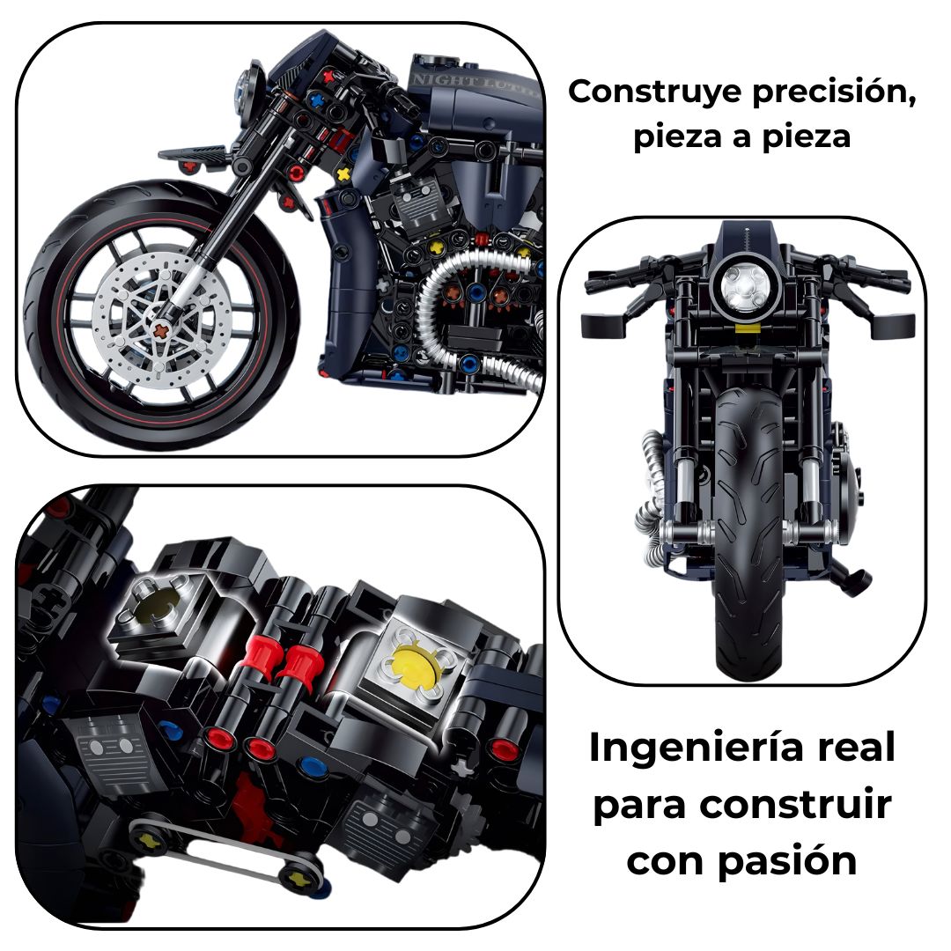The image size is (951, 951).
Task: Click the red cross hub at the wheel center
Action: point(161,330)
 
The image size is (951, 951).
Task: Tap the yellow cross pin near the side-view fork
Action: point(343,174)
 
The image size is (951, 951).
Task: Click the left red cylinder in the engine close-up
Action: point(262,655)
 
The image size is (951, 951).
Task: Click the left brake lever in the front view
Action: point(605,325)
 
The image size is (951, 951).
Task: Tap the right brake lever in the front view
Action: point(892,325)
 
